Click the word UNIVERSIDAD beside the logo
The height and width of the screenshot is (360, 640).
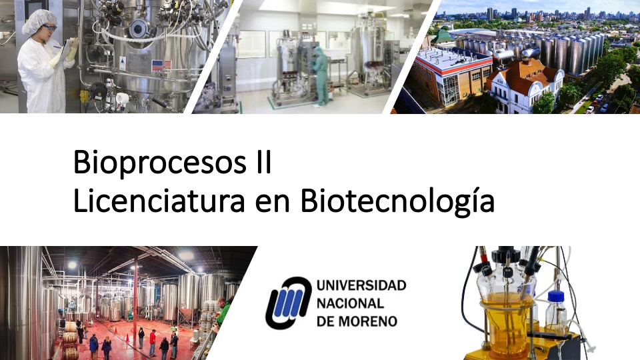click(361, 286)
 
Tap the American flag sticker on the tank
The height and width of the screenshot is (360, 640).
click(157, 65)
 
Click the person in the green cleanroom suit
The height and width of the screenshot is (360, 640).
click(321, 73)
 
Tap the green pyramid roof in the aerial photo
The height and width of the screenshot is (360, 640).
click(442, 37)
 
